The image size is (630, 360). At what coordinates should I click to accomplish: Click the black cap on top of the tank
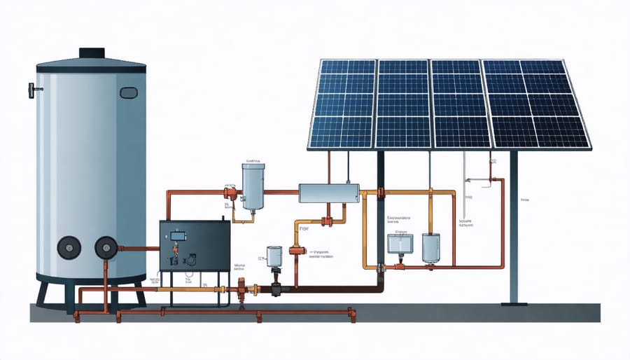(91, 54)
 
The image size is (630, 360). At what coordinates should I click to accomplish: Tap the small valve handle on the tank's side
(31, 90)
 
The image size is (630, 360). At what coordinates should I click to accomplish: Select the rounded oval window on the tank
(129, 92)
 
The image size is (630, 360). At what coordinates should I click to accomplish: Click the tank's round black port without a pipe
(69, 247)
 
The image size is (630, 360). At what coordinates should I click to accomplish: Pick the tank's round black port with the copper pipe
(106, 247)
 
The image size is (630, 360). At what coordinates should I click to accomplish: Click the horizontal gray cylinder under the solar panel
(328, 193)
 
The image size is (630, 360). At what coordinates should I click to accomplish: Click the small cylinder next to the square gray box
(430, 247)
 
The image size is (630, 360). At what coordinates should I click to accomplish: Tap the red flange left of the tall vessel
(229, 193)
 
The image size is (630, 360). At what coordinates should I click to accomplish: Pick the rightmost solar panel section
(538, 104)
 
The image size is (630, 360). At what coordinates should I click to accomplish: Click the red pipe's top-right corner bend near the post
(500, 181)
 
